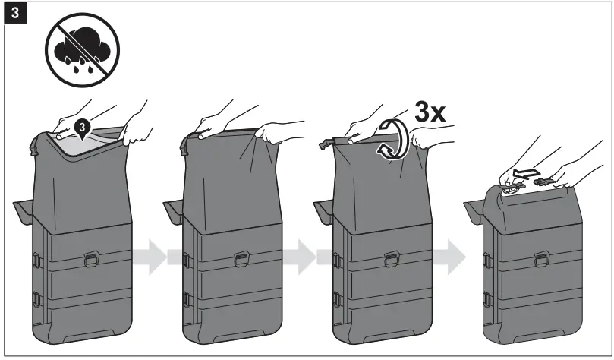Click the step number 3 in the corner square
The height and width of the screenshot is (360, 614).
click(x=13, y=14)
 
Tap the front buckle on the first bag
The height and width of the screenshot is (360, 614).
click(x=90, y=260)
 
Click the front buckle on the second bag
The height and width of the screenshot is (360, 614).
click(x=241, y=260)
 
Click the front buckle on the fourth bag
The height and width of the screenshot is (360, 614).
click(x=542, y=260)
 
